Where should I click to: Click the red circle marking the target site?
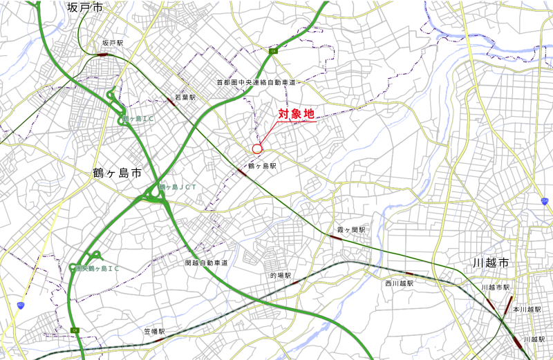pos(257,149)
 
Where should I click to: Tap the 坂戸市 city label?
pos(85,8)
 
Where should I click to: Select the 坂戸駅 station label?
pos(112,43)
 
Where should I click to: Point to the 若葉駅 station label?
pos(185,98)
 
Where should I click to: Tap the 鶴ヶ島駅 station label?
pos(262,167)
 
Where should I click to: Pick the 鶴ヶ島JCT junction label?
pos(179,187)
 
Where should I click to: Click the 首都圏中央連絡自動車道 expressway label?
pos(256,82)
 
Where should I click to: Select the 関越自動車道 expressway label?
pos(207,263)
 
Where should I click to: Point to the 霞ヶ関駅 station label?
pos(350,229)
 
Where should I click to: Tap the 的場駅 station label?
pos(281,275)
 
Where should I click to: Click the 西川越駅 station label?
pos(400,283)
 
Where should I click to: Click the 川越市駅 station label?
pos(496,287)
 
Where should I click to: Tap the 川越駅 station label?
pos(534,340)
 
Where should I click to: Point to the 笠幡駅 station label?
pos(154,332)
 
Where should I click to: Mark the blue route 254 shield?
pos(545,200)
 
